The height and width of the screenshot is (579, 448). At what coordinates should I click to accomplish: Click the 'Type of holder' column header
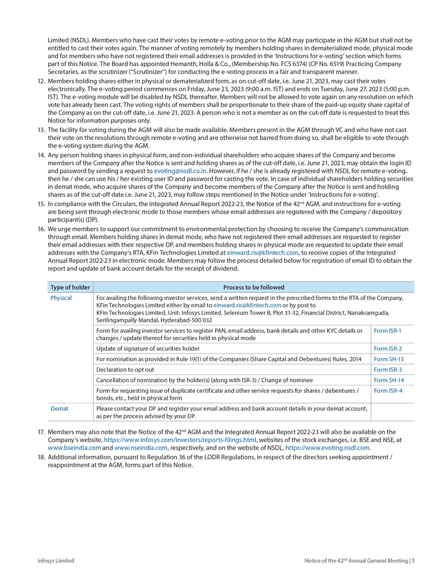pyautogui.click(x=70, y=287)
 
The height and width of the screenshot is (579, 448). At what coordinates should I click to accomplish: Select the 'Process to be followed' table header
pyautogui.click(x=254, y=287)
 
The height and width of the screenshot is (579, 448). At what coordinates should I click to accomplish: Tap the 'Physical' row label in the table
pyautogui.click(x=61, y=298)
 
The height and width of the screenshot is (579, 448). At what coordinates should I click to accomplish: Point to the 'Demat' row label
pyautogui.click(x=59, y=408)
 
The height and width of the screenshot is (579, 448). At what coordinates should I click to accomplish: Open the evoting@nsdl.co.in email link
pyautogui.click(x=180, y=170)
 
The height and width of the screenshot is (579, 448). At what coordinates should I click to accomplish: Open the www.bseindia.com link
pyautogui.click(x=74, y=448)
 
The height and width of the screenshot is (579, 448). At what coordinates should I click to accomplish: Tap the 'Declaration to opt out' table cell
pyautogui.click(x=124, y=370)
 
